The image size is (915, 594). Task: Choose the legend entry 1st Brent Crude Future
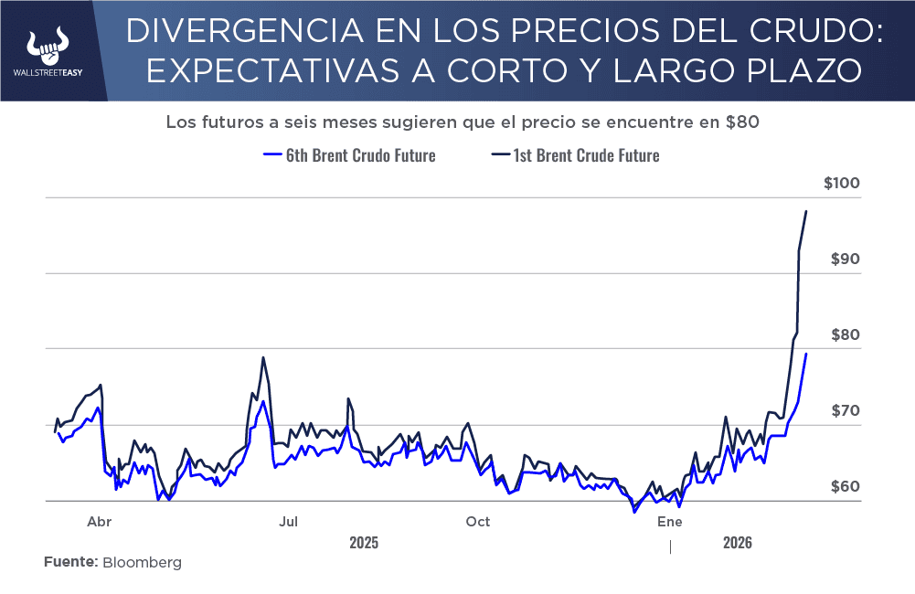point(576,155)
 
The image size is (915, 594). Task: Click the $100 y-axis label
point(842,184)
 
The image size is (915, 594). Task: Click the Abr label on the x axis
point(99,522)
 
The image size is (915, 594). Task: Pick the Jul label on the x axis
point(288,522)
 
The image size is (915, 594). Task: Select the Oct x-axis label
point(477,522)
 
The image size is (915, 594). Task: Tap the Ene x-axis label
point(670,522)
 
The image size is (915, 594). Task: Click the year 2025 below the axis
point(364,543)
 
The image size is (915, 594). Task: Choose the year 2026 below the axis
point(737,543)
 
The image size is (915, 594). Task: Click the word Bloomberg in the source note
point(142,563)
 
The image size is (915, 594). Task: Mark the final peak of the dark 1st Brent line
point(806,211)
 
